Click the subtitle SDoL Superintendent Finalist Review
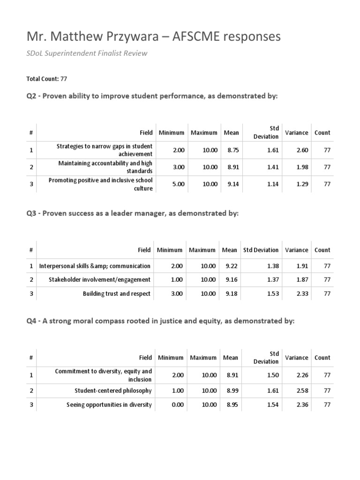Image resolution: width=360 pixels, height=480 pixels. point(86,53)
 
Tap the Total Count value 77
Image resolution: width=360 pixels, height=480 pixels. point(64,79)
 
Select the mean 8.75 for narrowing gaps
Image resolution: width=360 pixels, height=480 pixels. point(233,150)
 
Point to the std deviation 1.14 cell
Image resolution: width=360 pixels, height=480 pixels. point(273,184)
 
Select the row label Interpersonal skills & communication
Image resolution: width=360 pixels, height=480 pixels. point(95,266)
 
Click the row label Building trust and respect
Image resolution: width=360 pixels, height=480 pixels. point(117,294)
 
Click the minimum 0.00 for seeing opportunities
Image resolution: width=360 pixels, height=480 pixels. point(178,405)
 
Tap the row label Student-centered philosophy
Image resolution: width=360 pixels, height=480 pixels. point(113,390)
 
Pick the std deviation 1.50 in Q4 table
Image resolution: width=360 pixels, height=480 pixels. point(273,375)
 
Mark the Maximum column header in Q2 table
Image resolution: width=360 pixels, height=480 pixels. point(204,133)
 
